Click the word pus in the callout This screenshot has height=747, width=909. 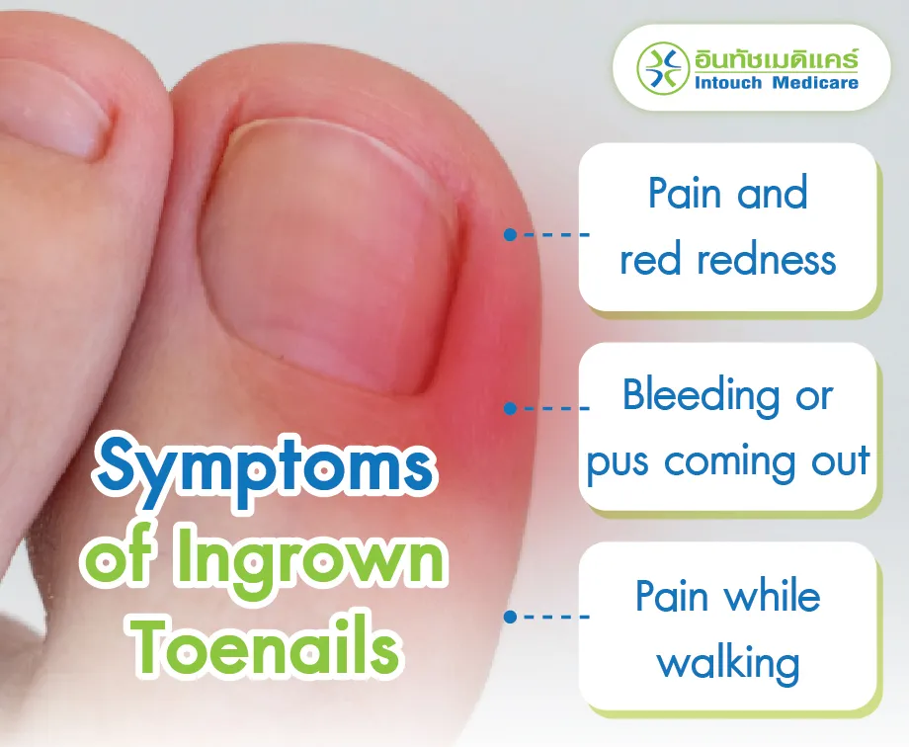pos(620,461)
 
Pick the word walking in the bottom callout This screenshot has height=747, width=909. pos(728,661)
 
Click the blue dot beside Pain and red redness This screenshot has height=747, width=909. pos(510,235)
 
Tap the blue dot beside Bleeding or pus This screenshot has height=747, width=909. pos(510,407)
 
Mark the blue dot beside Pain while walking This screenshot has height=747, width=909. pos(510,617)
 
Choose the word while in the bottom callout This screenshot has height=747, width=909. pos(770,596)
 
